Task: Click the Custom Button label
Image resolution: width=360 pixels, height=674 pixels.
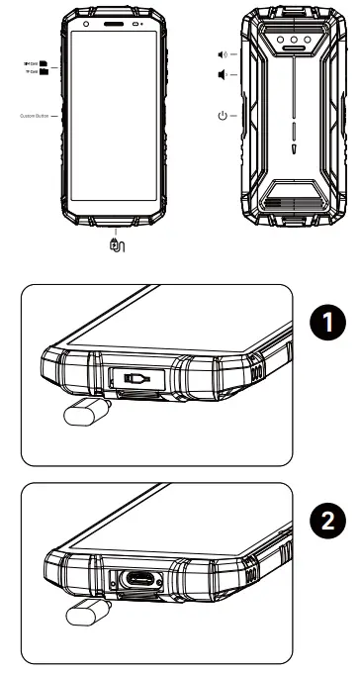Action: click(36, 116)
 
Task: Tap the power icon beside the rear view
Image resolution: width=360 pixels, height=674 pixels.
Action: click(223, 116)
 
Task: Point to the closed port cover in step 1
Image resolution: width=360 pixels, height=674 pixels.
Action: click(140, 378)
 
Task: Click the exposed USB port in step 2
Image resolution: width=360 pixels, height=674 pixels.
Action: click(140, 578)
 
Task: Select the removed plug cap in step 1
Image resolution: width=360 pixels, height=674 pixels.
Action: click(80, 415)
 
